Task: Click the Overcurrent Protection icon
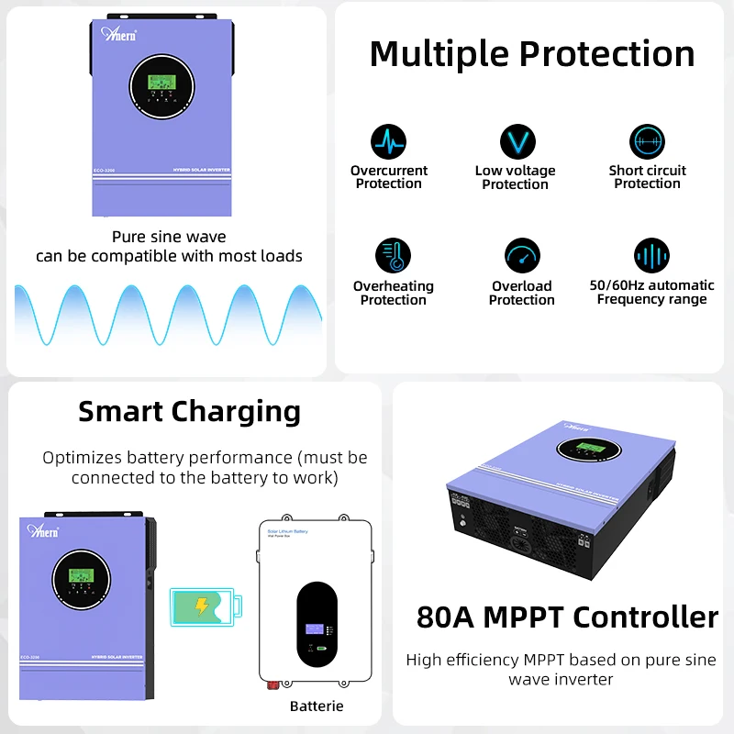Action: click(x=388, y=142)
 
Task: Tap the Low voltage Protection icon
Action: click(x=517, y=142)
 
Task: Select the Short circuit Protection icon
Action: click(x=647, y=142)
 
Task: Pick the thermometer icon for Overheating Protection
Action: click(x=393, y=256)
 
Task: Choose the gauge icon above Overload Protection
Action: click(x=522, y=256)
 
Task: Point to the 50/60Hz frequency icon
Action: click(x=651, y=256)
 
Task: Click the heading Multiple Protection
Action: click(x=532, y=53)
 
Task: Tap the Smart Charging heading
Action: click(x=189, y=411)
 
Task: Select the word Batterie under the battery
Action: click(x=317, y=706)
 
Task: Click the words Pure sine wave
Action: click(x=169, y=237)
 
